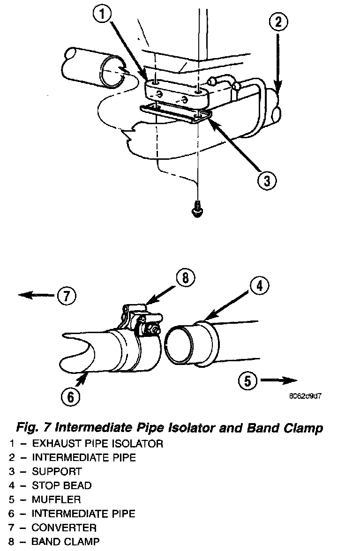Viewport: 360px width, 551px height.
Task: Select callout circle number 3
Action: (267, 180)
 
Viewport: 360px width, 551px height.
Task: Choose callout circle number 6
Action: (70, 396)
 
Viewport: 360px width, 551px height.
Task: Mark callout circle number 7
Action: (66, 296)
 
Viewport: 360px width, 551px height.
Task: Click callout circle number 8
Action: (186, 278)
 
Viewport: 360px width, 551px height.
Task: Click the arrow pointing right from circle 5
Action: (279, 380)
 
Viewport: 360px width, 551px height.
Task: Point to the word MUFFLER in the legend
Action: (56, 499)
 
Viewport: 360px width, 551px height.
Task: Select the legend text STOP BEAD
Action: (61, 485)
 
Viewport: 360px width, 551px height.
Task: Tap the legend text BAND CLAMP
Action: (65, 542)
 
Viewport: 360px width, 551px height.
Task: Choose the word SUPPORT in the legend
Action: (56, 471)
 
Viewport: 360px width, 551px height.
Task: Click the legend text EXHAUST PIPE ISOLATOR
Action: (97, 443)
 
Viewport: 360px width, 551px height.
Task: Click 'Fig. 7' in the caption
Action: (33, 427)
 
